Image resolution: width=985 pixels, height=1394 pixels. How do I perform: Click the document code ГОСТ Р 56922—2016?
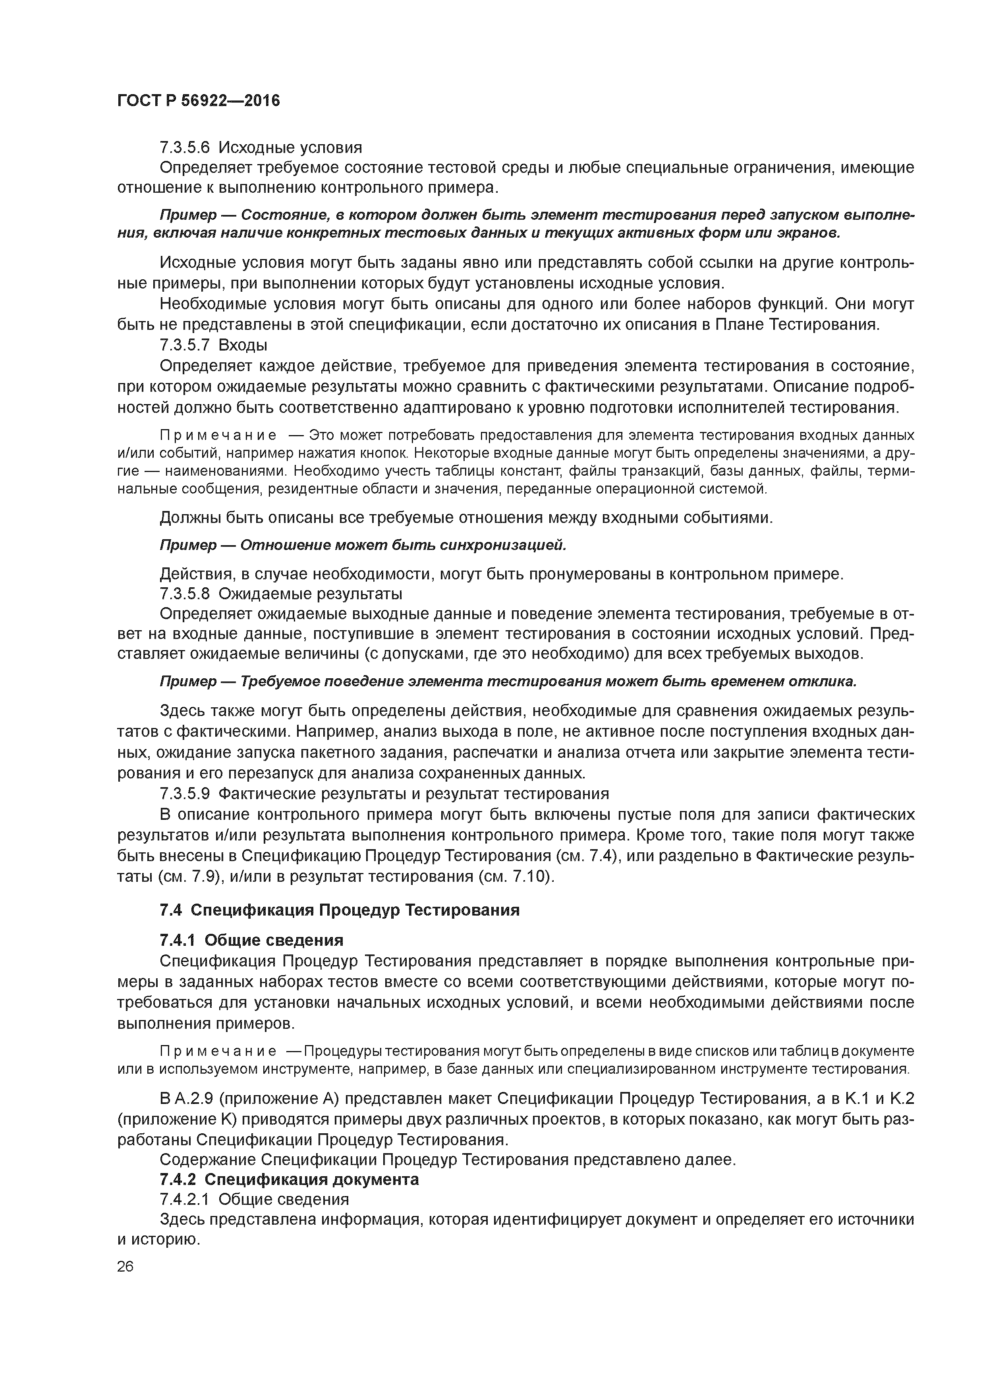coord(198,101)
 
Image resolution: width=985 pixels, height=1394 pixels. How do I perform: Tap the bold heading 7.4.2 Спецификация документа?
coord(289,1179)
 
